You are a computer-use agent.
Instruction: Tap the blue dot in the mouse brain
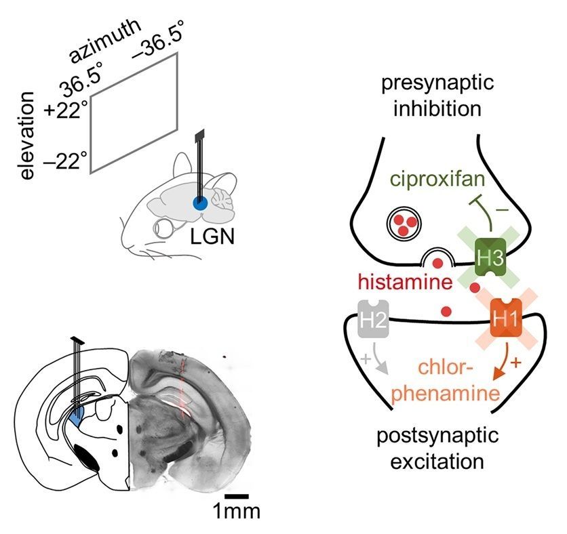click(200, 203)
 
